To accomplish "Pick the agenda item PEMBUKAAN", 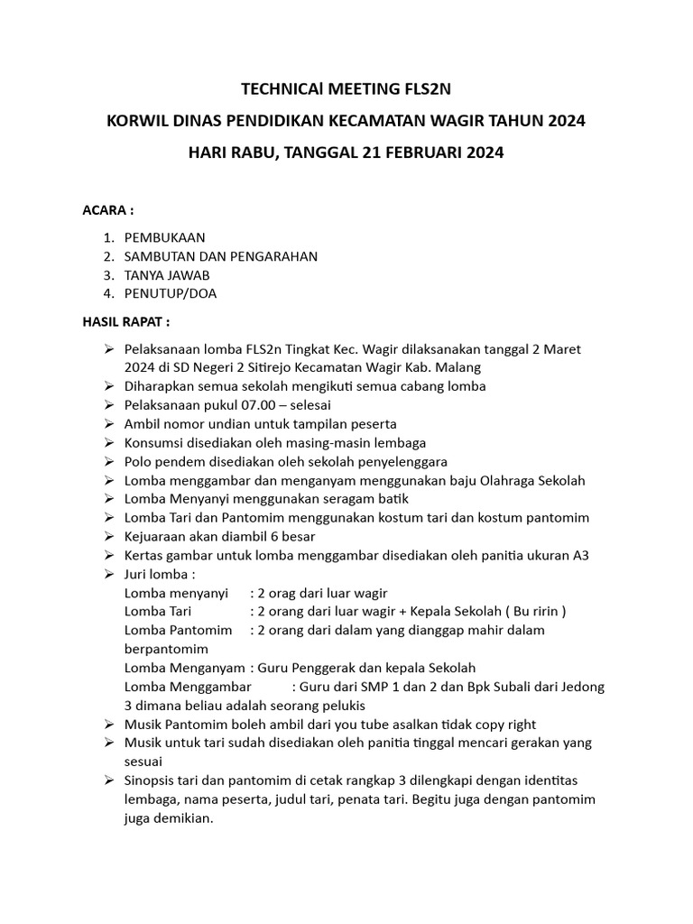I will click(165, 237).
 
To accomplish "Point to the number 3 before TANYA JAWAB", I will click(107, 274).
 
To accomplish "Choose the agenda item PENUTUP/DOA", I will click(171, 293).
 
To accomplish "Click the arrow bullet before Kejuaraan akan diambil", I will click(108, 537).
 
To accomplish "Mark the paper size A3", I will click(580, 555).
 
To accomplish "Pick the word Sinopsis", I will click(154, 780).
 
